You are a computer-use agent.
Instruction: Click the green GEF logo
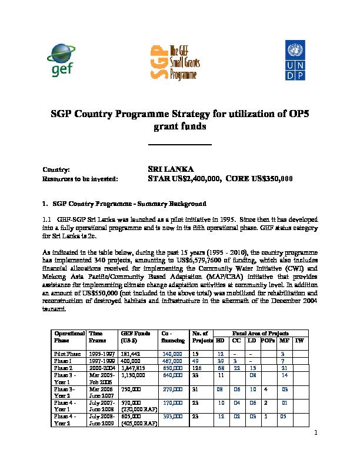coord(63,60)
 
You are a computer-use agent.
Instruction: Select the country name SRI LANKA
coord(169,168)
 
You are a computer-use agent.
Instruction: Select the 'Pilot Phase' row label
coord(65,354)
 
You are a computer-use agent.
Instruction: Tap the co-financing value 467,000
coord(171,361)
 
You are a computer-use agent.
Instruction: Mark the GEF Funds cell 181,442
coord(131,354)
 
